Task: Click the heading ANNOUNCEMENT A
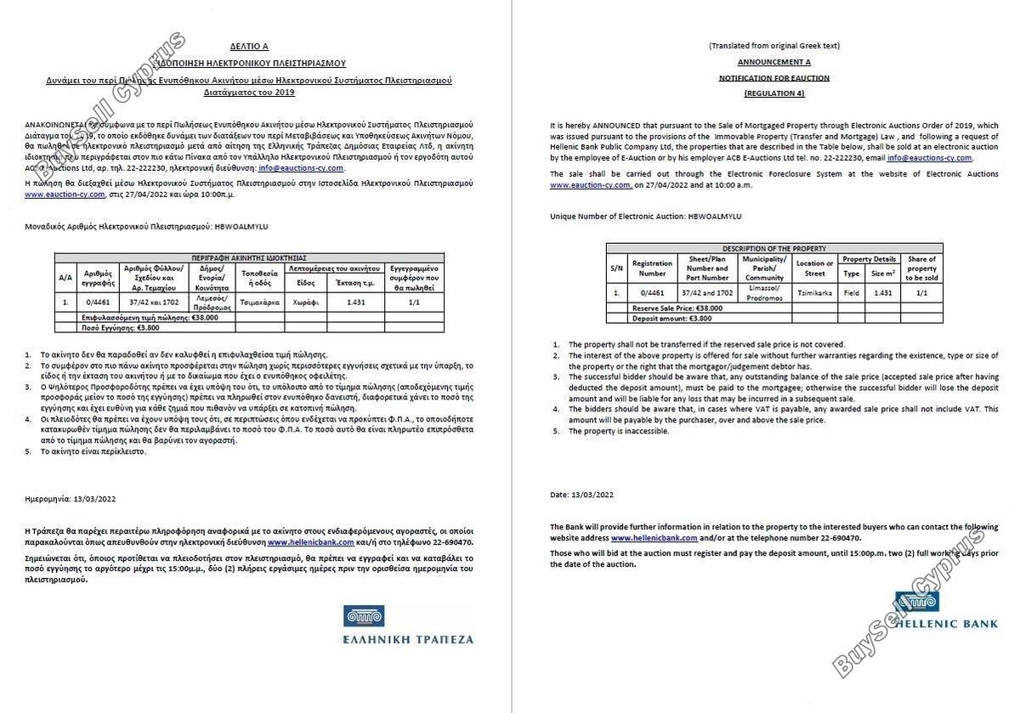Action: point(773,62)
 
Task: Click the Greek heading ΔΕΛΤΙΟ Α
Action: point(249,47)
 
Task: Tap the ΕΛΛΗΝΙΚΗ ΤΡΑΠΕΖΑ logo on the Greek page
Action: point(408,625)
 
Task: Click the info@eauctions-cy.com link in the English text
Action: point(929,158)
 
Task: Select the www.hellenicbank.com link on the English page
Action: point(654,538)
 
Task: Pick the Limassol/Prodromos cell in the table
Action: point(764,292)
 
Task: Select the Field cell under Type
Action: point(851,292)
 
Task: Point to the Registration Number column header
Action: point(652,268)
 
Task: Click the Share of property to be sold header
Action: point(922,268)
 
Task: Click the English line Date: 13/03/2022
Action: point(581,495)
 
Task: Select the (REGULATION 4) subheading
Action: point(773,93)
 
